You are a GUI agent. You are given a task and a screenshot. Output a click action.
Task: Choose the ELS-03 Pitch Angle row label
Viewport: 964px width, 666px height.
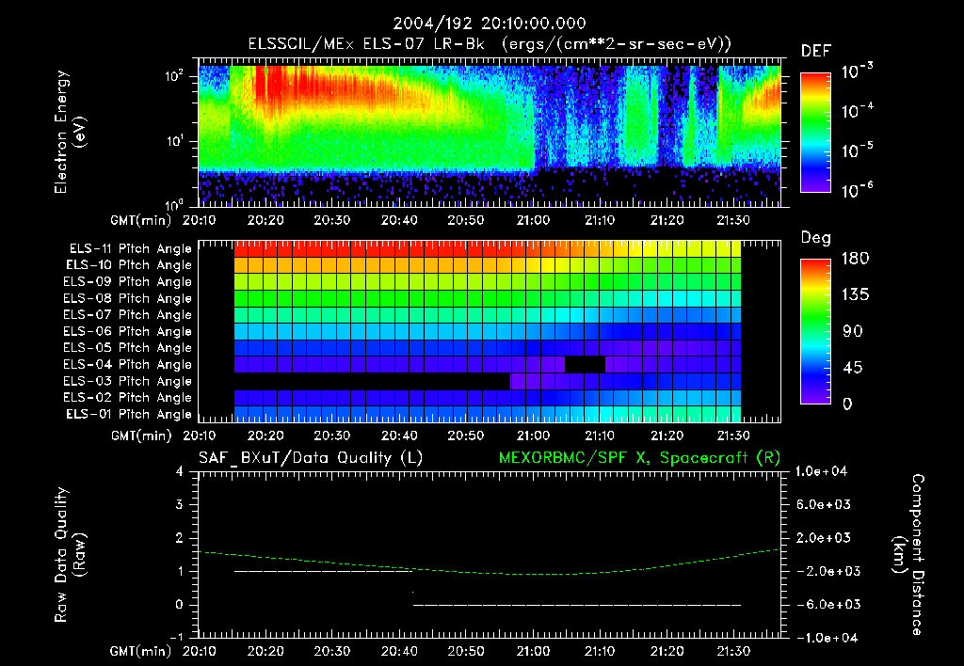click(x=127, y=381)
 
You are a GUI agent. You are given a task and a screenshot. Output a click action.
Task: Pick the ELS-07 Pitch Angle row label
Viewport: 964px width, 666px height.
click(x=127, y=315)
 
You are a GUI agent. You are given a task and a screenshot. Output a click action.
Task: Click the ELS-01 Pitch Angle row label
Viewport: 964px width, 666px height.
click(x=128, y=414)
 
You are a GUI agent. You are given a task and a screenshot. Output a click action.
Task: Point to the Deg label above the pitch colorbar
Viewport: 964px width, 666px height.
click(x=815, y=238)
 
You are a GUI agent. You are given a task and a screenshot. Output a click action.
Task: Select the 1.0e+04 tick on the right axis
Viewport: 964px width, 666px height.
click(x=825, y=471)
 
